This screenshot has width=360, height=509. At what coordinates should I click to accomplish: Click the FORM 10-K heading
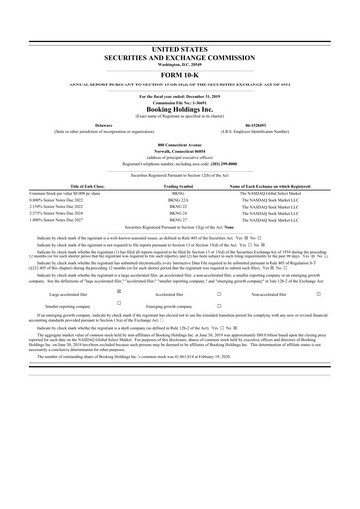[180, 74]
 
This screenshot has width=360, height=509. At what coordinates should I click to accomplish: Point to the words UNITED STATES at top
[180, 48]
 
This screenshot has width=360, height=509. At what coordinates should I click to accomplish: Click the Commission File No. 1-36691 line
[180, 100]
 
